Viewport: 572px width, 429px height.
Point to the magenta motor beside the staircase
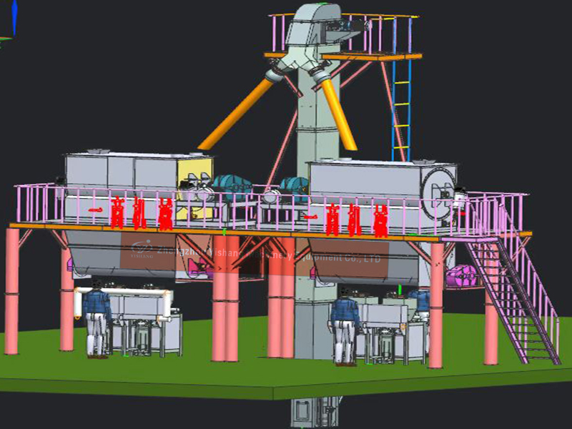pyautogui.click(x=462, y=276)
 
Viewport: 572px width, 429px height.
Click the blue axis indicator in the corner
pyautogui.click(x=13, y=18)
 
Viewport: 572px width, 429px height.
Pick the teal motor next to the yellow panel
pyautogui.click(x=230, y=187)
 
